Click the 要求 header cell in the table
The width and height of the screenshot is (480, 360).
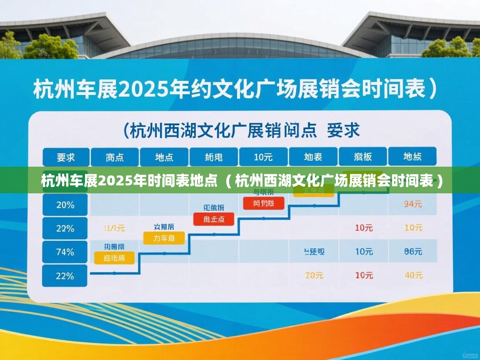66,157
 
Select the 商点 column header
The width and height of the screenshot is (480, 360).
115,157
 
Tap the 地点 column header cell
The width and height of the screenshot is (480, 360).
164,157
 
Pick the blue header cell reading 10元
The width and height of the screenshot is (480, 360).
263,157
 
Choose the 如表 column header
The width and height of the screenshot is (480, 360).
313,157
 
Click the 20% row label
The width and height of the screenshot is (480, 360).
65,205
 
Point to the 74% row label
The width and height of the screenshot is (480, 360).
65,252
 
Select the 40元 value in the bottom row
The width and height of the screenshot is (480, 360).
413,275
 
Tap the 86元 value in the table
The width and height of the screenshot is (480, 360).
413,252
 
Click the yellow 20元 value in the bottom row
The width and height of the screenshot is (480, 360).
314,275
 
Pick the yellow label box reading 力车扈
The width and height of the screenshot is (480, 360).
164,238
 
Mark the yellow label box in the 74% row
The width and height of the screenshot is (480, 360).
114,258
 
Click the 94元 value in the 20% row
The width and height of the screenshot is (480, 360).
413,204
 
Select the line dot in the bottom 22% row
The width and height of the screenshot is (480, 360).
115,273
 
